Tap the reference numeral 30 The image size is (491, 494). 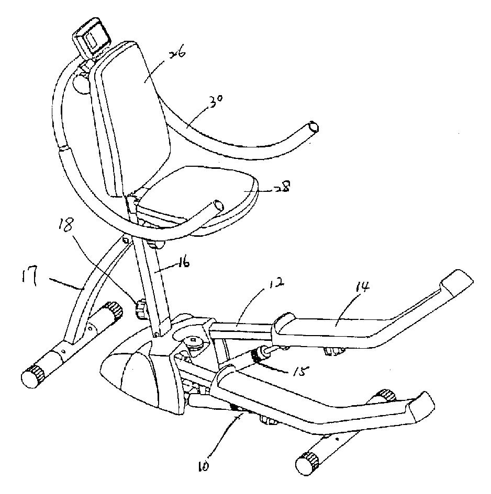tap(215, 102)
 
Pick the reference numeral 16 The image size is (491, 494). tap(184, 261)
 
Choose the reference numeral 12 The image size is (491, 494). tap(275, 282)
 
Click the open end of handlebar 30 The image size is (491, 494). tap(314, 127)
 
